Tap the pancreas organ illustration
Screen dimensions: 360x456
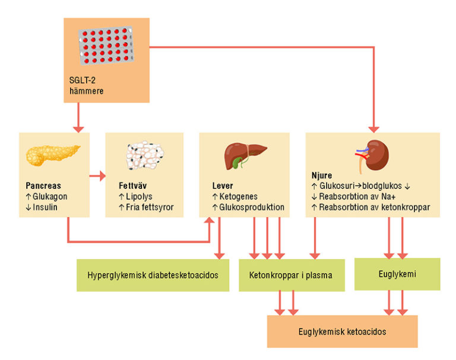(52, 156)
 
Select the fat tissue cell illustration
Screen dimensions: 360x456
(144, 156)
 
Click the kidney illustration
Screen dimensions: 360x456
(375, 156)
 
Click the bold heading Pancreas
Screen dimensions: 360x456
(44, 185)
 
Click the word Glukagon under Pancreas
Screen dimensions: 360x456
(52, 196)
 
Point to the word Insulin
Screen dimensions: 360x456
(48, 207)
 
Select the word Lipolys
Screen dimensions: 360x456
(141, 196)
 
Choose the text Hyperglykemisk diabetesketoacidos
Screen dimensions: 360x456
(153, 275)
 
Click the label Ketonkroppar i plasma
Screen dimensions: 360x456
(291, 275)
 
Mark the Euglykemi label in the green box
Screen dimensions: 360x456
(397, 274)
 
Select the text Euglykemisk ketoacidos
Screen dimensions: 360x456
(341, 331)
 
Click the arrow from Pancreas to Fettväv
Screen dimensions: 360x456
(97, 176)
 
